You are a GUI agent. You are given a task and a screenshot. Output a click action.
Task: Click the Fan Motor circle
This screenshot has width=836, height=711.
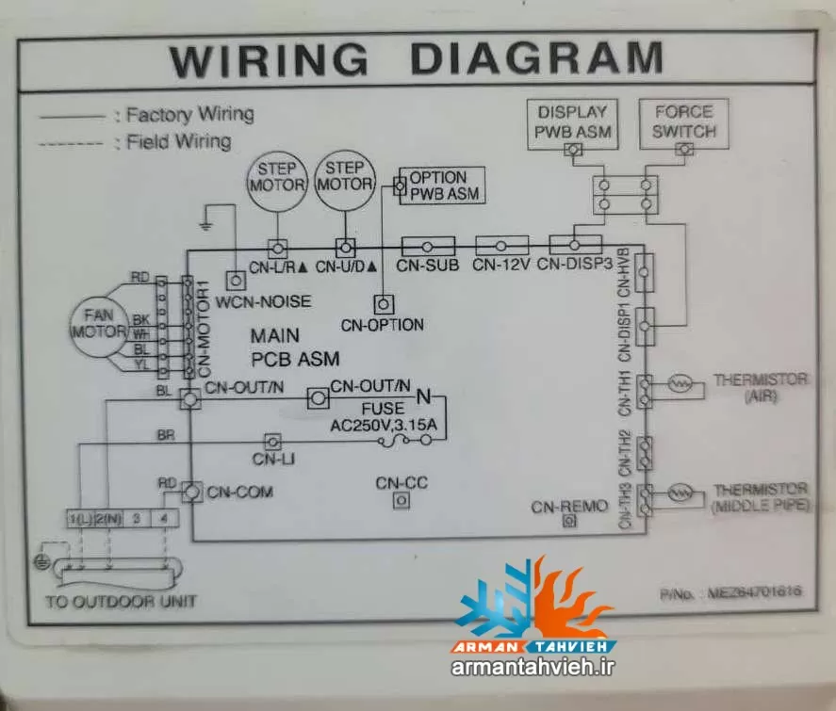click(100, 323)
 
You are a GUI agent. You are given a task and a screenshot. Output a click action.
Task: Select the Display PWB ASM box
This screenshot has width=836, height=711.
click(571, 121)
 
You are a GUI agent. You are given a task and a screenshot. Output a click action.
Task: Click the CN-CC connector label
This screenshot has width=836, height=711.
click(402, 483)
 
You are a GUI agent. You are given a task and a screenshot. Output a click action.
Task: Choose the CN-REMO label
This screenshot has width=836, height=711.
click(569, 507)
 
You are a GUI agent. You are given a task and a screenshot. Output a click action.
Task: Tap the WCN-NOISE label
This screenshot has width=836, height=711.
click(263, 303)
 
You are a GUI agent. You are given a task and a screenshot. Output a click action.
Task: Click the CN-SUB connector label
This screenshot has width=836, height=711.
click(427, 266)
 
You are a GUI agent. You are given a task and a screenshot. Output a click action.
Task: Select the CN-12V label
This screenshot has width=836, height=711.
click(500, 266)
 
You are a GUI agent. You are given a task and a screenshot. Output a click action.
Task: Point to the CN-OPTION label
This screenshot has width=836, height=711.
click(382, 325)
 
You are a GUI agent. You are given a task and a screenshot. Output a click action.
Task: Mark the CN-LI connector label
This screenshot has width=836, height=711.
click(271, 459)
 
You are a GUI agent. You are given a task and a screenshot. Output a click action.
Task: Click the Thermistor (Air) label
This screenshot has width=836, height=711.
click(760, 388)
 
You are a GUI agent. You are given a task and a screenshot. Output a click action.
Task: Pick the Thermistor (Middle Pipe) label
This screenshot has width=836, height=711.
click(760, 497)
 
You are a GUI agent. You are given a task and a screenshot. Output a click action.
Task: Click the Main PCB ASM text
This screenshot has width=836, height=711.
click(294, 347)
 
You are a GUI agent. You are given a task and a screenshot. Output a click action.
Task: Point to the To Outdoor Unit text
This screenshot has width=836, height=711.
click(122, 601)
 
